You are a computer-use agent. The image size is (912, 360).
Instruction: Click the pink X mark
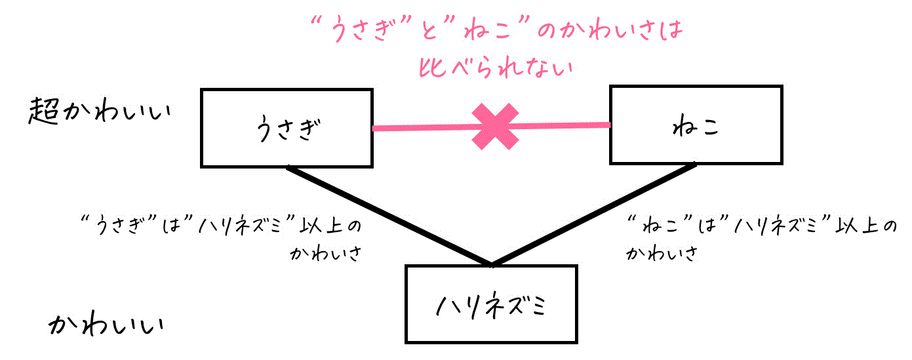(495, 127)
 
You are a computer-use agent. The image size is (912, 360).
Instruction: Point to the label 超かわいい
(100, 110)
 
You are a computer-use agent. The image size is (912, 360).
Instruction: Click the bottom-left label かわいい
(106, 324)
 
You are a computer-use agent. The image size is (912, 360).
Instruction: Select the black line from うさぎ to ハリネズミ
(389, 216)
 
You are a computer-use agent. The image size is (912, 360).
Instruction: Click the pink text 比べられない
(496, 67)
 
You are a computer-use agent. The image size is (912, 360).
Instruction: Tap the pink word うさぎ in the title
(363, 30)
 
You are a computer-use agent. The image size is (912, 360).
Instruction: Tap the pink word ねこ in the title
(487, 30)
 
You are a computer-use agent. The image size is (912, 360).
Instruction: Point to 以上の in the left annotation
(330, 226)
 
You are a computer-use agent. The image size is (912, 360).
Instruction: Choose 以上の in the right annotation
(866, 226)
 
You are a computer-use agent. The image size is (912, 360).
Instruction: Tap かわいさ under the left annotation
(326, 253)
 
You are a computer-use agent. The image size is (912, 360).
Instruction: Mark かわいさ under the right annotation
(662, 253)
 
